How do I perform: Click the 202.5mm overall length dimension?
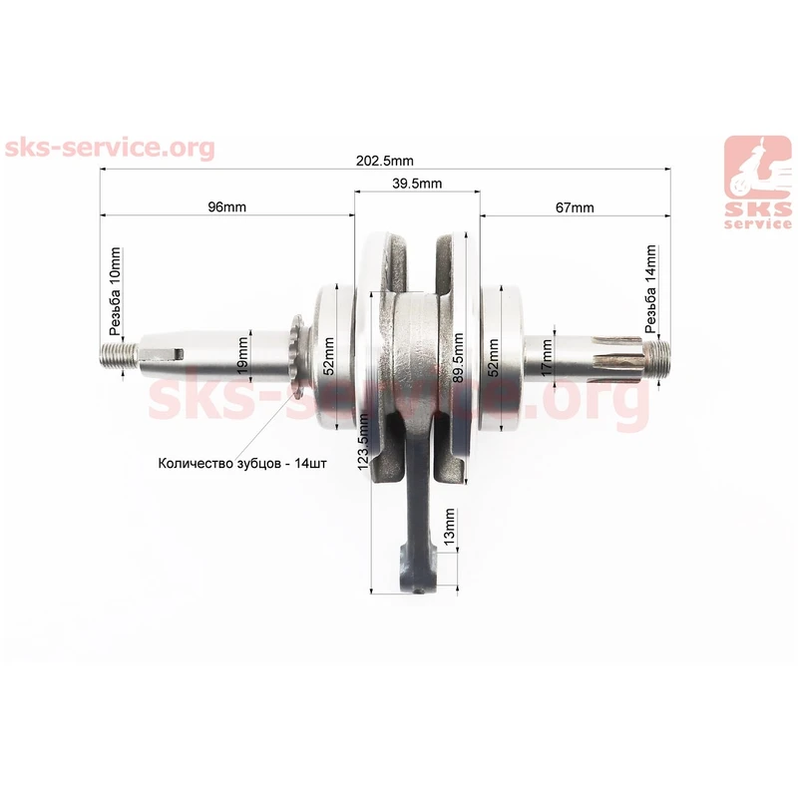(x=385, y=161)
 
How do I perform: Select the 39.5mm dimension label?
(x=417, y=184)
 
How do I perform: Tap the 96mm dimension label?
(x=227, y=207)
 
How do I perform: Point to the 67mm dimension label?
(x=575, y=207)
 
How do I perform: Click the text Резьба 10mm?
(x=116, y=291)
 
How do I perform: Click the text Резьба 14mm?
(x=650, y=288)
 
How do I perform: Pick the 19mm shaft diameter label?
(x=242, y=355)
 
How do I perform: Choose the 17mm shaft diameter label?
(x=546, y=358)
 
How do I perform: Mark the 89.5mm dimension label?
(x=458, y=358)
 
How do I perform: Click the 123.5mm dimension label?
(x=363, y=442)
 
